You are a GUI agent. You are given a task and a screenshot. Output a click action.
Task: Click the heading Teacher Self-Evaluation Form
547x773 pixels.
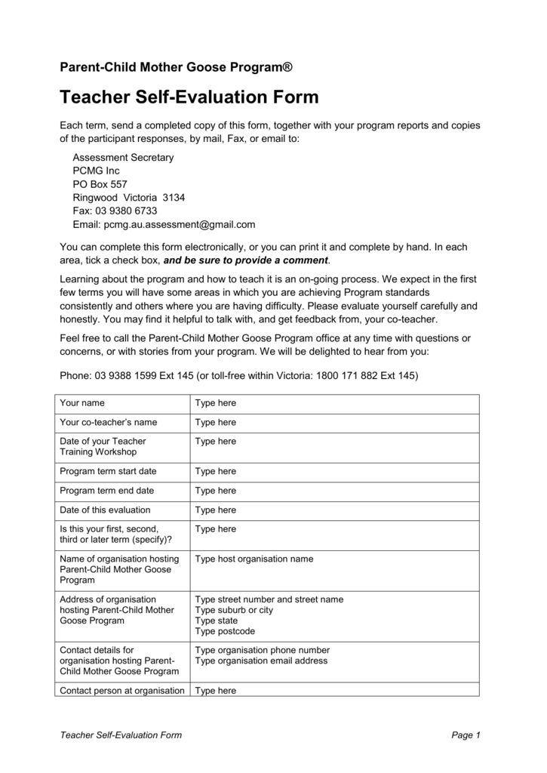(189, 97)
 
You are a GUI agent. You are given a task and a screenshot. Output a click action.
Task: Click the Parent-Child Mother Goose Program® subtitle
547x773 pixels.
(176, 68)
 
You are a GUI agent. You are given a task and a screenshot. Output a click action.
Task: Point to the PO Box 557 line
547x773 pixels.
(100, 184)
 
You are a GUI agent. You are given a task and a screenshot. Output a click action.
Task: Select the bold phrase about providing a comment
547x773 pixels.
(246, 260)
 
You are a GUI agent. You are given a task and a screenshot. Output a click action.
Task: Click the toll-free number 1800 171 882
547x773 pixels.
(348, 375)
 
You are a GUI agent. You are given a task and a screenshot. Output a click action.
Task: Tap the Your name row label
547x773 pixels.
(82, 403)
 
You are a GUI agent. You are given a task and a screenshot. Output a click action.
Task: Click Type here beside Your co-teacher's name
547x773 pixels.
(216, 423)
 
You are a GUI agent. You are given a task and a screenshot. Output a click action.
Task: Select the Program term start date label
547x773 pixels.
(108, 471)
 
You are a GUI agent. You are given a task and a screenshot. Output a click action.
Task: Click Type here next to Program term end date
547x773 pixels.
(216, 491)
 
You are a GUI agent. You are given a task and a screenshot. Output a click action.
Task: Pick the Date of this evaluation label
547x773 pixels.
(105, 510)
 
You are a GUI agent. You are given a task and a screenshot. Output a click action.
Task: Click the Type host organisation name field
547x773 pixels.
(254, 559)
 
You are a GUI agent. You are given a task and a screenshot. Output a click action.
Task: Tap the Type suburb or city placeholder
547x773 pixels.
(234, 610)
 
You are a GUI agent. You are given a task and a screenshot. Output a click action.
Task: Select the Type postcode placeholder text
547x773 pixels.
(225, 631)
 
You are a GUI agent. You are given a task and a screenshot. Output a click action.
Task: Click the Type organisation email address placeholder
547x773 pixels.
(261, 661)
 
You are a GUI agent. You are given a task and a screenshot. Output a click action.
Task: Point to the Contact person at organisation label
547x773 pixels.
(122, 691)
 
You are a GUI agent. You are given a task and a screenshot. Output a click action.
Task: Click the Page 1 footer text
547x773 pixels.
(466, 735)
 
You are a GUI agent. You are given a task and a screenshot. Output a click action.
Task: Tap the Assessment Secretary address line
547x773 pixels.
(123, 158)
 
